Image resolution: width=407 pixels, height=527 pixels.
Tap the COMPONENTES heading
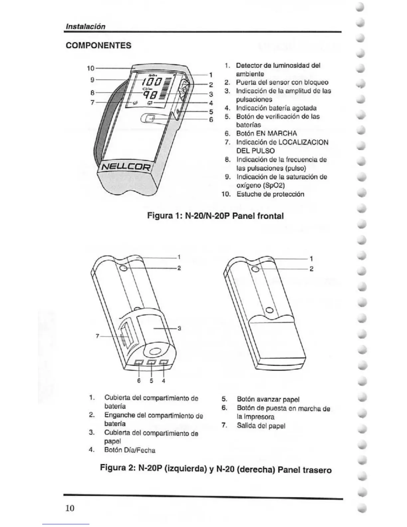coord(99,46)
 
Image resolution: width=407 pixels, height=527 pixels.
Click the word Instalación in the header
coord(85,26)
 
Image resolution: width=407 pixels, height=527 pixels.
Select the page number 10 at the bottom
coord(70,508)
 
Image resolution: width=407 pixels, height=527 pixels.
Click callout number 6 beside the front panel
coord(211,119)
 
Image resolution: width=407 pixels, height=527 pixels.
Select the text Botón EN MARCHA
coord(266,134)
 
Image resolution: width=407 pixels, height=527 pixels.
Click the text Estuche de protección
coord(270,194)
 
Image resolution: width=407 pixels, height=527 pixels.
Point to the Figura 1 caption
coord(215,216)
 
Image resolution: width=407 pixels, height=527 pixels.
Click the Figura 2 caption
coord(216,469)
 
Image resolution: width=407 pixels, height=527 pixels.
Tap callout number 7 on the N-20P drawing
coord(97,336)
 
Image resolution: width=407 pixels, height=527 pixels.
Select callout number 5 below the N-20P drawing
coord(151,381)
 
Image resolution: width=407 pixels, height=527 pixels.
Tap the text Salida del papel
coord(261,426)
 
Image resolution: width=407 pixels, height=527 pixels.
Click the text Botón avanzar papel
coord(268,399)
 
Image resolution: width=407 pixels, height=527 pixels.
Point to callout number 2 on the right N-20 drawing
coord(311,269)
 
